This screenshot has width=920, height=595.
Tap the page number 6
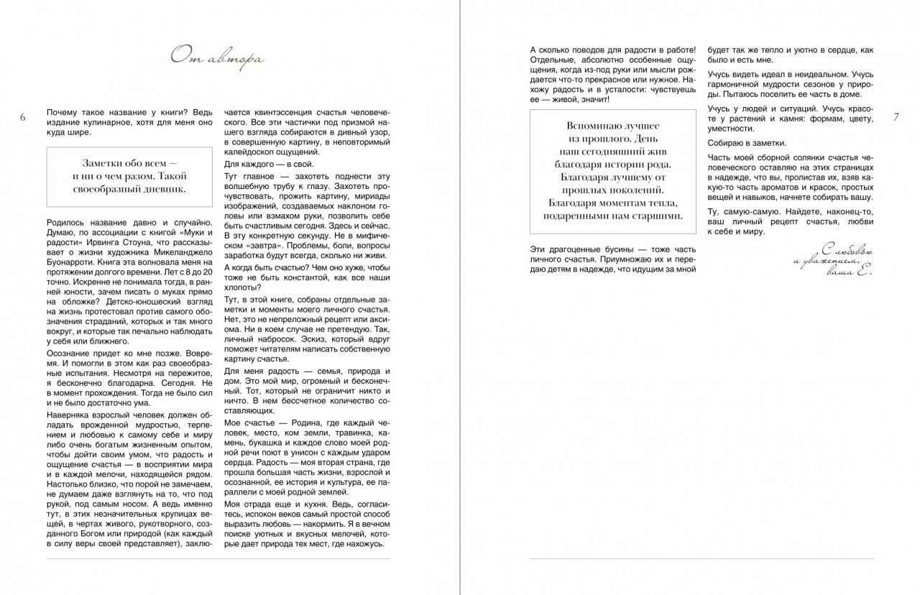(23, 117)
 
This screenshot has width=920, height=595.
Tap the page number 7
(896, 117)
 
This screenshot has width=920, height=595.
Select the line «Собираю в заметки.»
(747, 142)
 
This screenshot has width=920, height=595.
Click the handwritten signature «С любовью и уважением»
(834, 262)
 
